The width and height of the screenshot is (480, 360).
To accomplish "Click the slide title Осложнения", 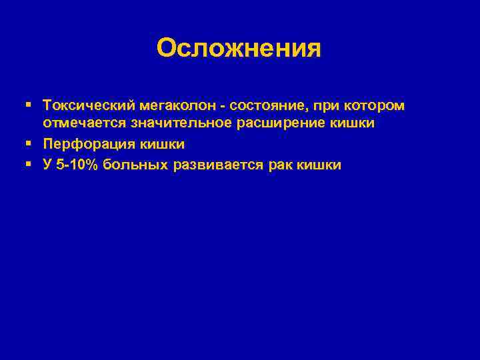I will (239, 48).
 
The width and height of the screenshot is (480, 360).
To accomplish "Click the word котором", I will (377, 106).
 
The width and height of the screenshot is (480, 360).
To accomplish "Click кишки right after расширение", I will (350, 125).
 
